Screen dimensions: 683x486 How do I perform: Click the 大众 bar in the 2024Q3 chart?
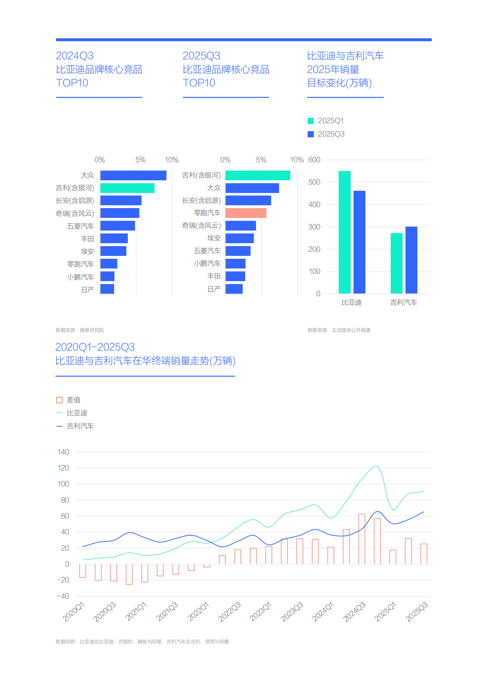coord(133,175)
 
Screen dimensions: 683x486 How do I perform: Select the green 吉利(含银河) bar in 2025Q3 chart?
coord(258,175)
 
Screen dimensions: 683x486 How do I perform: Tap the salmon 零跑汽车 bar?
coord(246,213)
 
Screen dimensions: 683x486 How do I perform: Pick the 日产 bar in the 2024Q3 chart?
coord(107,289)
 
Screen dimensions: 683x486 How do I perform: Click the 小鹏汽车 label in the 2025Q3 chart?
coord(207,263)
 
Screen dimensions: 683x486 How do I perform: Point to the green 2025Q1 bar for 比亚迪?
coord(344,232)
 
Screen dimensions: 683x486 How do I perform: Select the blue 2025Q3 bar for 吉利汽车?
coord(411,260)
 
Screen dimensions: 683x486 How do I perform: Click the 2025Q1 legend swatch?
coord(311,121)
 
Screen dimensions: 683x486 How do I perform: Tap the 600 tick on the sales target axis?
coord(314,160)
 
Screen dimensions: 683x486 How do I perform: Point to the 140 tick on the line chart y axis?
coord(63,452)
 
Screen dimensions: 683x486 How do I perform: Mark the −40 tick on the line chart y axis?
coord(63,596)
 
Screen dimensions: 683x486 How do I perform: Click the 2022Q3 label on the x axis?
coord(230,611)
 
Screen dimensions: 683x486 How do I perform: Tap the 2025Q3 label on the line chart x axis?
coord(417,611)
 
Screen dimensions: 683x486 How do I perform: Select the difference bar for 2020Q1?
coord(83,571)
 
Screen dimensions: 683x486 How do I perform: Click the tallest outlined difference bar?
coord(362,539)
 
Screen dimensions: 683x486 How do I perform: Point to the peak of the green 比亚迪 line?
coord(376,466)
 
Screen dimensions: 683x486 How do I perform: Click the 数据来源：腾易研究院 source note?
coord(79,330)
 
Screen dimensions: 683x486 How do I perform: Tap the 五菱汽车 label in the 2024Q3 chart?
coord(81,226)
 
